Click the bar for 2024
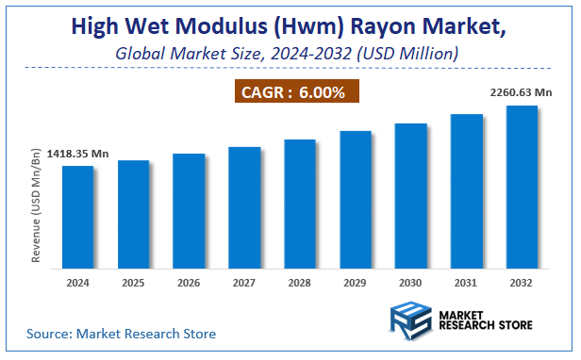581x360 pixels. [78, 217]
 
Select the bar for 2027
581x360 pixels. [244, 207]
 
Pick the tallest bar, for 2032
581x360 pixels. [522, 187]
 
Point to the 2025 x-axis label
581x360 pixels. [133, 282]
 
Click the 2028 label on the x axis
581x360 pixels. [299, 282]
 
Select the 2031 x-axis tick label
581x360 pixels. [466, 282]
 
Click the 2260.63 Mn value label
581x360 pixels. [521, 91]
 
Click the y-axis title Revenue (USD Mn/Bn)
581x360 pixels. [37, 205]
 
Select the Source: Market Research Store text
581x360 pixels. [121, 334]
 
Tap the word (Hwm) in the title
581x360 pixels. [305, 25]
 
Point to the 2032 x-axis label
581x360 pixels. [522, 282]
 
